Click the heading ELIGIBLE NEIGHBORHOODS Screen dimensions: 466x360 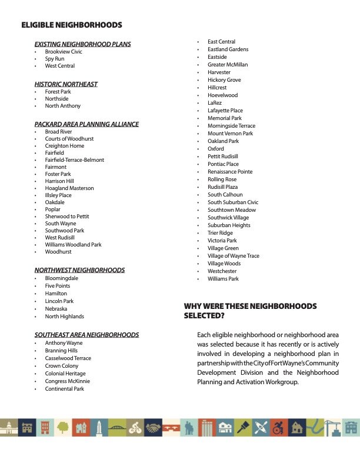(x=71, y=25)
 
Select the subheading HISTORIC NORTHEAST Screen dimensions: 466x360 (x=66, y=84)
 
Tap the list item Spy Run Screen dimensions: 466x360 (x=55, y=59)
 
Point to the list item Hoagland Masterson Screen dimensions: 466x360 (x=69, y=188)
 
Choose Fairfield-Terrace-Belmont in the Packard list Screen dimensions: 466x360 (x=74, y=160)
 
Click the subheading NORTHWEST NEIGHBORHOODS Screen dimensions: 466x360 (x=79, y=270)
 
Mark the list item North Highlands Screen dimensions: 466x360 (x=64, y=317)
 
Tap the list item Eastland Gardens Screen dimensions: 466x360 (x=228, y=49)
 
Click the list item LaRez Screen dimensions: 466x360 (x=215, y=103)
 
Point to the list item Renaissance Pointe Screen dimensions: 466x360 (x=230, y=172)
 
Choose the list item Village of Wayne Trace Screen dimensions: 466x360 (x=233, y=256)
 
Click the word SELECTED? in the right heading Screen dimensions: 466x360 (x=204, y=316)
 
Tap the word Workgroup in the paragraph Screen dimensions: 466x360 (x=284, y=382)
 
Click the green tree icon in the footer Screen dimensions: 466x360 (x=62, y=427)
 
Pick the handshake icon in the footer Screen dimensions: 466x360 (x=153, y=427)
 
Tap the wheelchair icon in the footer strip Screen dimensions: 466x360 (x=279, y=427)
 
